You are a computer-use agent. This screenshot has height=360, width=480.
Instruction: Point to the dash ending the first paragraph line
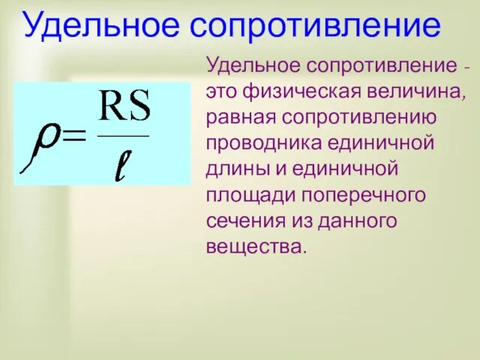[x=467, y=69]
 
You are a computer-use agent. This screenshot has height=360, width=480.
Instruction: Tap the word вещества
[x=255, y=245]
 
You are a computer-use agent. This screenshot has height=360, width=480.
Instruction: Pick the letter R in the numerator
[x=113, y=111]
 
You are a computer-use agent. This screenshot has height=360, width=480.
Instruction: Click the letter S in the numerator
[x=139, y=111]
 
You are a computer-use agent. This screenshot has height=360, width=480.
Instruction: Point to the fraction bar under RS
[x=124, y=135]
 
